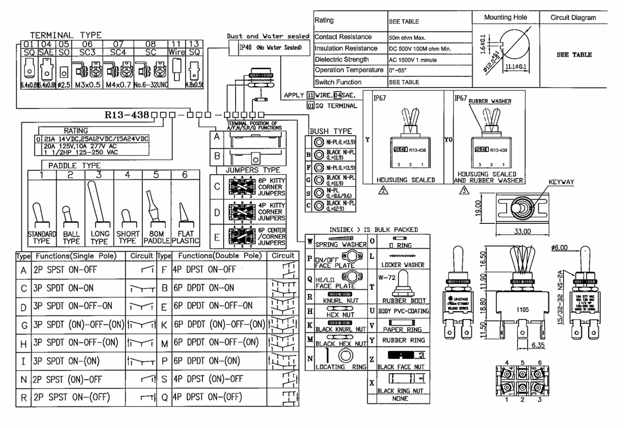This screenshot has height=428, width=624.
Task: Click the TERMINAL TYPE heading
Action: coord(66,35)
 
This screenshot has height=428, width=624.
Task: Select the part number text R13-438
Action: coord(127,115)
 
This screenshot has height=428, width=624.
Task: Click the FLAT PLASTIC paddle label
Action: coord(185,237)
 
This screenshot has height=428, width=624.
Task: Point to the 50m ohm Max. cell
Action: coord(407,37)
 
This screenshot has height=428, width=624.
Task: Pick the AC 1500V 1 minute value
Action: coord(413,60)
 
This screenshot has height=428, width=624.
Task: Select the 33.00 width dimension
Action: coord(522,231)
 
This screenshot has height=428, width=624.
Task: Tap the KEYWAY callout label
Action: coord(561,182)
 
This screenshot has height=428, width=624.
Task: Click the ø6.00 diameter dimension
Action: coord(559,247)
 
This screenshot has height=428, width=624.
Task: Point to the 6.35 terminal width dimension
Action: coord(538,345)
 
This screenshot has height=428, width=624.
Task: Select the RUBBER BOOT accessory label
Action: coord(404,301)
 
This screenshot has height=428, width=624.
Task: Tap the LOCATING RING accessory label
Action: coord(341,367)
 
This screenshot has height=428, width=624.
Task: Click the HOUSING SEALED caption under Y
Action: coord(405,180)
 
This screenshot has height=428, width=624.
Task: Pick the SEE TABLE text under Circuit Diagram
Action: coord(574,55)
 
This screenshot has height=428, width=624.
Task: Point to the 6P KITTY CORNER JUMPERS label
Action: coord(271,187)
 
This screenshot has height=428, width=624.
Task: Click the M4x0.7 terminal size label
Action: coord(118,85)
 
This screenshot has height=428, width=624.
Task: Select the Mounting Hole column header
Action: coord(505,17)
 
